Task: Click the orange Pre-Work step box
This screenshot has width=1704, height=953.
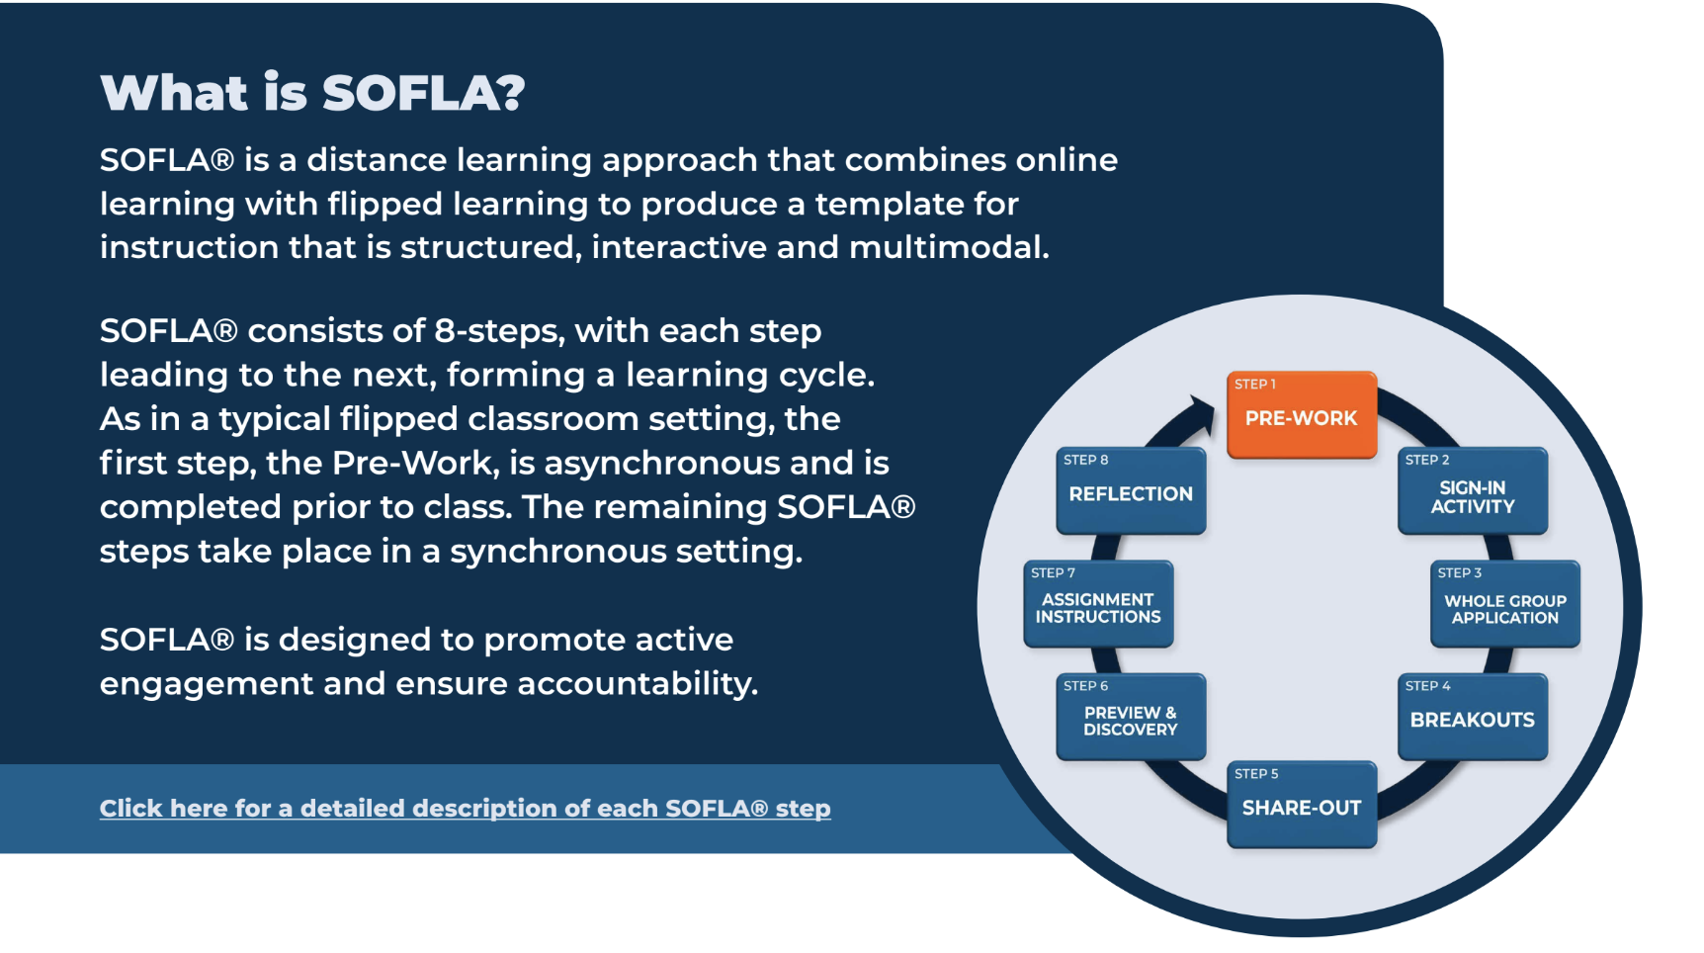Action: (1302, 415)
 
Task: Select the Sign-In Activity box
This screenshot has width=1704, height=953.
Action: (1473, 491)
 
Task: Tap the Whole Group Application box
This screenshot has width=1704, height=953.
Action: (1505, 604)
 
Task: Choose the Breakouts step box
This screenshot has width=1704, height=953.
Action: (1473, 717)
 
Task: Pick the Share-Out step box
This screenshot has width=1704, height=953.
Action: (1302, 805)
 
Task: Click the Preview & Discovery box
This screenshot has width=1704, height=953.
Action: (1131, 717)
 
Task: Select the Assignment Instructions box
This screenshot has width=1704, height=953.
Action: (1098, 604)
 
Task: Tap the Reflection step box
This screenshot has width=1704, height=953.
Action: (1131, 491)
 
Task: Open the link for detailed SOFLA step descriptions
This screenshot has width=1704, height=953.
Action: (465, 809)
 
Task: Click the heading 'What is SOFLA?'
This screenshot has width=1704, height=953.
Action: (312, 93)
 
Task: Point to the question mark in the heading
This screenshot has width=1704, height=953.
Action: (511, 93)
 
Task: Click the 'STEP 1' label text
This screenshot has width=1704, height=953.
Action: (1255, 385)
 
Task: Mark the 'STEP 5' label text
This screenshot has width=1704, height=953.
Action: (1256, 774)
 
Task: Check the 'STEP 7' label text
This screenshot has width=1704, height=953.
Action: (1053, 573)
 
